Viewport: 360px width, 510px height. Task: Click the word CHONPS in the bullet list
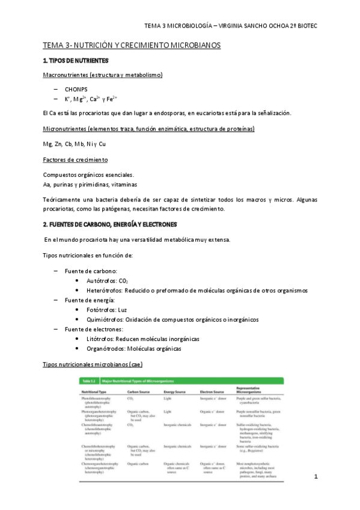[x=76, y=89]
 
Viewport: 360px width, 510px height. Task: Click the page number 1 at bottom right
[x=316, y=476]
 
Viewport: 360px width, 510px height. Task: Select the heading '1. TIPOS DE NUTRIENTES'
[x=76, y=61]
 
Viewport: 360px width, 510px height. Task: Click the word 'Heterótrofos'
[x=105, y=290]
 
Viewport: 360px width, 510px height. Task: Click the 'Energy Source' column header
[x=177, y=392]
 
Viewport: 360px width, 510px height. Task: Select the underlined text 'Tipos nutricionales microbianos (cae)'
[x=93, y=364]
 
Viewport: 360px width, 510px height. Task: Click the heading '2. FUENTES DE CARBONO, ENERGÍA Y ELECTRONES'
[x=110, y=224]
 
